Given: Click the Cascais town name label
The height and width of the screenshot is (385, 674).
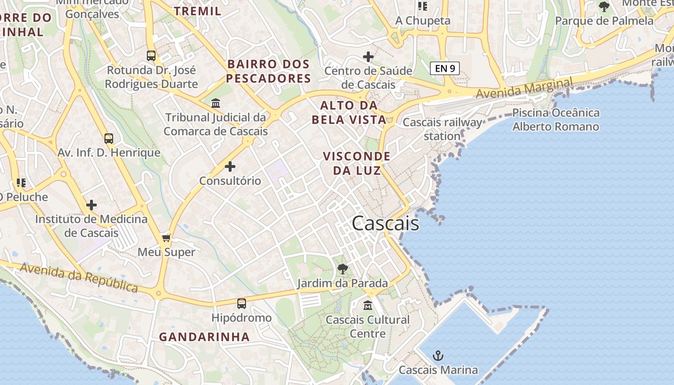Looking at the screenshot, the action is [x=385, y=224].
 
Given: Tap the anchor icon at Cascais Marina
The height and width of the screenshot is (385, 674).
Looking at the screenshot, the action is [x=438, y=356].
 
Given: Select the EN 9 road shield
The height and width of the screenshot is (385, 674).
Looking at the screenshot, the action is [x=445, y=68].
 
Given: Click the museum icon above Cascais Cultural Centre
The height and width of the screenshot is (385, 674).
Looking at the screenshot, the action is [x=368, y=305].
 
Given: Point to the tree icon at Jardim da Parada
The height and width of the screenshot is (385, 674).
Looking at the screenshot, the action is [x=343, y=269].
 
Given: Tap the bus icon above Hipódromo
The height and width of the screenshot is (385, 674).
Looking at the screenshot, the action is [x=242, y=304].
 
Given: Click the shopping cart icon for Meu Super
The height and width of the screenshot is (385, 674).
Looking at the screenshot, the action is [x=167, y=238].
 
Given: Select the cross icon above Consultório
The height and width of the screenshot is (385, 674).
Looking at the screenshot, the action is [x=230, y=167].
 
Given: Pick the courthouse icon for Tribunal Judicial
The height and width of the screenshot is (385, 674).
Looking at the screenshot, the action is [x=216, y=103].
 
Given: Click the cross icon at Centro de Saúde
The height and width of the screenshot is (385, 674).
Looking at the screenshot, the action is [x=368, y=57].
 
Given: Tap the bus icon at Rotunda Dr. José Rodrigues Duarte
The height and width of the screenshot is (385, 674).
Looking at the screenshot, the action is [x=151, y=56].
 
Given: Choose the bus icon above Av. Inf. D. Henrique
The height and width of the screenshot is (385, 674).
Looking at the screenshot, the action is [x=109, y=139].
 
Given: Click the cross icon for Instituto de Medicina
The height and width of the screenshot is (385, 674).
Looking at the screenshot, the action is [x=91, y=205].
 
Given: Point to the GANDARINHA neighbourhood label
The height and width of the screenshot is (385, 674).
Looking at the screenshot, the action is [x=205, y=337].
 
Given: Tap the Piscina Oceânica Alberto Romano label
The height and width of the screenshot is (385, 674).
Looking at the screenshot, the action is [x=556, y=120].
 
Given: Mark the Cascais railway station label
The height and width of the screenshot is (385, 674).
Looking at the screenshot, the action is [x=442, y=129].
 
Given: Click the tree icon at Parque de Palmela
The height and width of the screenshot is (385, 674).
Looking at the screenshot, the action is [x=604, y=7].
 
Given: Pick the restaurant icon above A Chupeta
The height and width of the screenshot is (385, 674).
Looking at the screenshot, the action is [x=423, y=6].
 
